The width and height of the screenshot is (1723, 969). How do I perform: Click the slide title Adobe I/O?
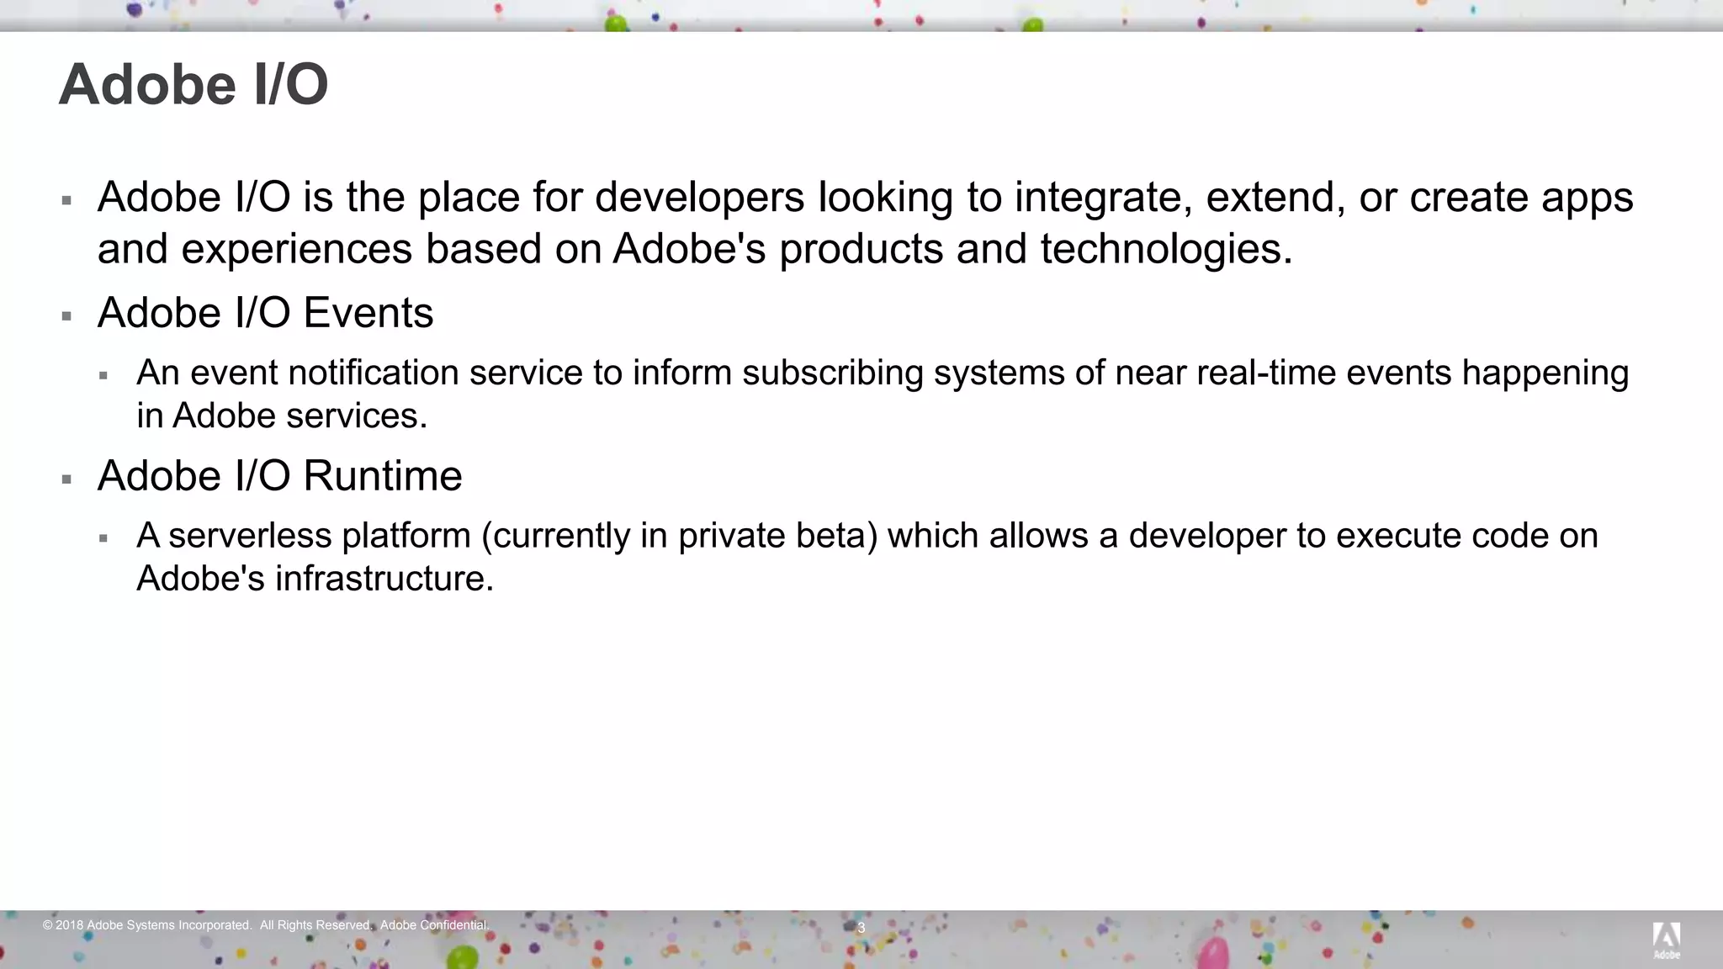click(194, 85)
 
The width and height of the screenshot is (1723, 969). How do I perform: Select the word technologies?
click(1166, 250)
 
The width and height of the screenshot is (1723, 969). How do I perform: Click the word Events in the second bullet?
click(368, 314)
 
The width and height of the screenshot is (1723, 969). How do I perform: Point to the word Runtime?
click(383, 477)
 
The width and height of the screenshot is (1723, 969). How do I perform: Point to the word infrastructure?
click(384, 579)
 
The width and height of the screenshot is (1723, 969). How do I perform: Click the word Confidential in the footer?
click(454, 925)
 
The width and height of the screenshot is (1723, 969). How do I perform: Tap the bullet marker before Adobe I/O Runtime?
click(66, 480)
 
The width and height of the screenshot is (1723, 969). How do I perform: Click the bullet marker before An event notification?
click(103, 376)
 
